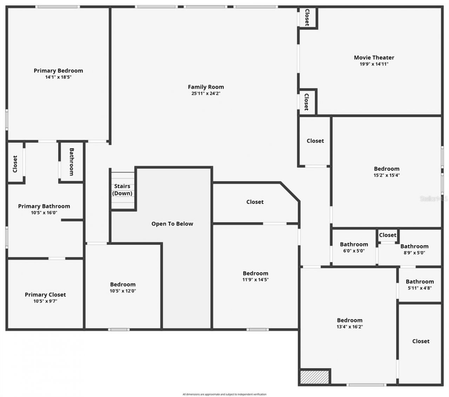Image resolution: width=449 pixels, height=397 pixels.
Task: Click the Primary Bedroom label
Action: click(58, 70)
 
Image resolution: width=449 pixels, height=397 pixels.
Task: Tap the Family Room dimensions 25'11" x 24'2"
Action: click(206, 94)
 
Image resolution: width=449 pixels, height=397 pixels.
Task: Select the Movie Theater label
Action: click(374, 58)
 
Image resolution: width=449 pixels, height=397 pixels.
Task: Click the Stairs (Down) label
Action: click(122, 190)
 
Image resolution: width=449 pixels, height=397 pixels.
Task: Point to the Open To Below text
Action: click(172, 224)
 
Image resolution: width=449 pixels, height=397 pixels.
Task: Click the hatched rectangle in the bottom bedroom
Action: click(315, 377)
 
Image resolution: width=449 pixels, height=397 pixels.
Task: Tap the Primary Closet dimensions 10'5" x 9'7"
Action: click(45, 301)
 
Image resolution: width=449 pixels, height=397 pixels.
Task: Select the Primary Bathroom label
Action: click(44, 206)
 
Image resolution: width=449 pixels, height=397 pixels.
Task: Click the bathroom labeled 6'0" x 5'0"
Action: click(354, 247)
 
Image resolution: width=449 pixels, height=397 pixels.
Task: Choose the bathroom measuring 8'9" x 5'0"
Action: click(414, 249)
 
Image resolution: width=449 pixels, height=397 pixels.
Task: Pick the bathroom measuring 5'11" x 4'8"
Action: click(420, 284)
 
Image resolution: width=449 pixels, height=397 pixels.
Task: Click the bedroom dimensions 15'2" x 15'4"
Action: click(387, 175)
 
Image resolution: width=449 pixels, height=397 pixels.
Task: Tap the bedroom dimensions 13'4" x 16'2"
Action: click(350, 327)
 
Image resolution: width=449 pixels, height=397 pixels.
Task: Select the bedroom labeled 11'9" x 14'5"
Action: click(255, 276)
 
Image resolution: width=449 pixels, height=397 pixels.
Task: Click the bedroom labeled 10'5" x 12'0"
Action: click(123, 288)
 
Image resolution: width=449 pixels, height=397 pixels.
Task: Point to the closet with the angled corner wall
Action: click(255, 202)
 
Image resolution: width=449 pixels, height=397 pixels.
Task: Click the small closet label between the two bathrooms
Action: click(388, 235)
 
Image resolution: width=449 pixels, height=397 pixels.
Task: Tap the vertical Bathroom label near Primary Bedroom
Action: click(72, 162)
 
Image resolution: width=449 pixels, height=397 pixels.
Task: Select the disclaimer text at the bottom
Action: click(224, 395)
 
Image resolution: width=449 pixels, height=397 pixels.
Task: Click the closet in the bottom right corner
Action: click(421, 341)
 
